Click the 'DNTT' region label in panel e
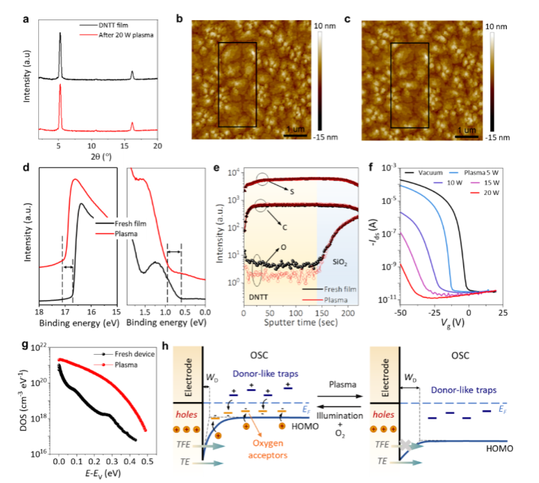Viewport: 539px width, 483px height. pos(260,298)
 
